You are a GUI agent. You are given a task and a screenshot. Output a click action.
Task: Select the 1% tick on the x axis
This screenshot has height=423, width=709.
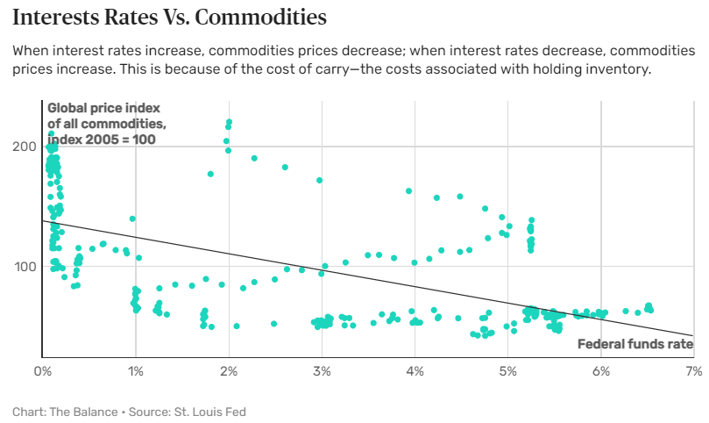[x=135, y=371]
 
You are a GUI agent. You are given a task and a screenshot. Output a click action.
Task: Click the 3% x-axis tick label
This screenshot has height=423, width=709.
[x=322, y=371]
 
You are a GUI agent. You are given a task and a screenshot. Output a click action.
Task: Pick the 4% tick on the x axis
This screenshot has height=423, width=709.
[x=415, y=371]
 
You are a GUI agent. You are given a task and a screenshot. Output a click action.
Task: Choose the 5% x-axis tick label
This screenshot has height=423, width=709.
[x=507, y=371]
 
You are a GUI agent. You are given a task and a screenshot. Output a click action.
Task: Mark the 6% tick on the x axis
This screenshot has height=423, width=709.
[x=600, y=371]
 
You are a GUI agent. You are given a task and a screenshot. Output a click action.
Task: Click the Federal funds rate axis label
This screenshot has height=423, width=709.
[x=635, y=344]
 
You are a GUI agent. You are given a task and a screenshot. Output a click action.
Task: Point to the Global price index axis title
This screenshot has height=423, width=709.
[x=106, y=124]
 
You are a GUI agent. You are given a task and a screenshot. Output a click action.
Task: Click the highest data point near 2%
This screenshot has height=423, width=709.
[x=229, y=123]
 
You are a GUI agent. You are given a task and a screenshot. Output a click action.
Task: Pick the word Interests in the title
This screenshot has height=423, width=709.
[x=60, y=17]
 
